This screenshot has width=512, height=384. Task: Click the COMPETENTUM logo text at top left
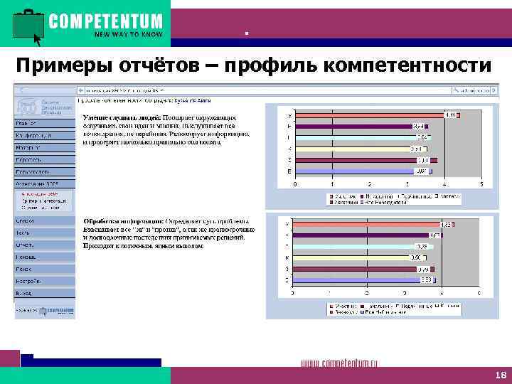(105, 21)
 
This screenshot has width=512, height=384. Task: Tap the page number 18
(498, 375)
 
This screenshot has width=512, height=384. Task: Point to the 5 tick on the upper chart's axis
(481, 184)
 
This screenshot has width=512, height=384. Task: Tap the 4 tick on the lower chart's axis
(442, 293)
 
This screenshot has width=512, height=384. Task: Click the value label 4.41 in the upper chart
(450, 115)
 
